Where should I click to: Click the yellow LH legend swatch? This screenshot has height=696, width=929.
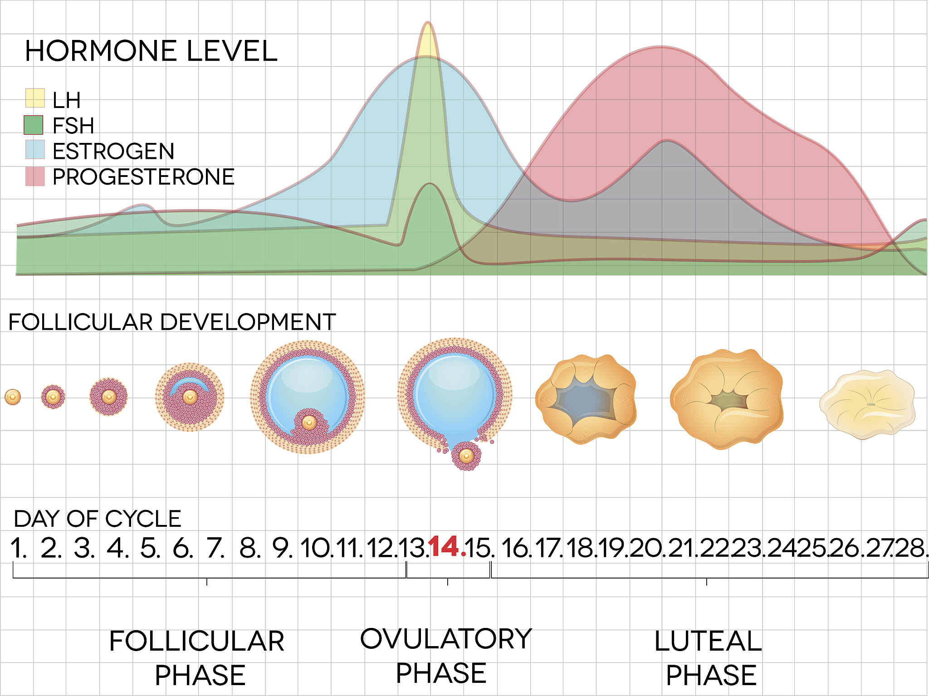coord(35,98)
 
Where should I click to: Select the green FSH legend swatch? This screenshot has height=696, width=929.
coord(34,125)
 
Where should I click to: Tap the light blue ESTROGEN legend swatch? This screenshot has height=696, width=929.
coord(35,150)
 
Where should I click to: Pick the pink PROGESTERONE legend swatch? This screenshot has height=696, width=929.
coord(35,176)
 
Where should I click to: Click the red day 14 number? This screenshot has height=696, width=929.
coord(445,547)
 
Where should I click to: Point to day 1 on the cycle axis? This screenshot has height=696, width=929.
coord(18,548)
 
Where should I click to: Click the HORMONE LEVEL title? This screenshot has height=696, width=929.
coord(151,51)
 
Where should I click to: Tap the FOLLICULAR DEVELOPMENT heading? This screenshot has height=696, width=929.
coord(172,322)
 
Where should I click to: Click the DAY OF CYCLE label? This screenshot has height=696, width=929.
coord(98,519)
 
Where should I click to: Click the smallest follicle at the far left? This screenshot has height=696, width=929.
coord(13,397)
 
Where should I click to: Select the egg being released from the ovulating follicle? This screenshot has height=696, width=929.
coord(466,456)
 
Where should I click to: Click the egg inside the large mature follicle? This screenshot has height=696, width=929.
coord(309,423)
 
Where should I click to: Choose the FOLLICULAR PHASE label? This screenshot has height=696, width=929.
coord(197,658)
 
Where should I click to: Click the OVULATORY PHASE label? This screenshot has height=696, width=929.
coord(445,656)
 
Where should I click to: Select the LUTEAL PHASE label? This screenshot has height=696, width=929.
coord(709,658)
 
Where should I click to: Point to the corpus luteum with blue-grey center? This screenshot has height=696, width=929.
coord(586,399)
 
